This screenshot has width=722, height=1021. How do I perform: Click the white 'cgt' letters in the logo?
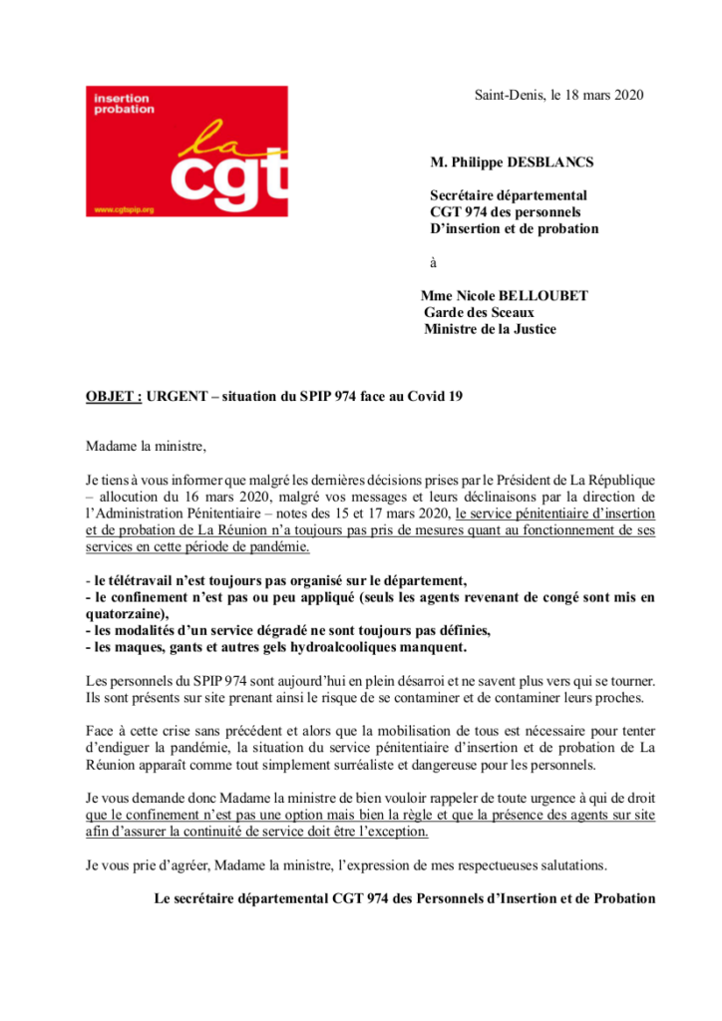coord(228,178)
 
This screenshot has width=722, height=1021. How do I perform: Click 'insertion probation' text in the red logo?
coord(124,104)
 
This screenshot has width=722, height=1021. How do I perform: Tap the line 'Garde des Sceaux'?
coord(479,312)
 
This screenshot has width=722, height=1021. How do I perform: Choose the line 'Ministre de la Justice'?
coord(491,329)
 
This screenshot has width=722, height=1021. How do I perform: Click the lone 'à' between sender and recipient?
coord(433,262)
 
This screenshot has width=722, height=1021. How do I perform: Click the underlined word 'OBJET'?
coord(111,396)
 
